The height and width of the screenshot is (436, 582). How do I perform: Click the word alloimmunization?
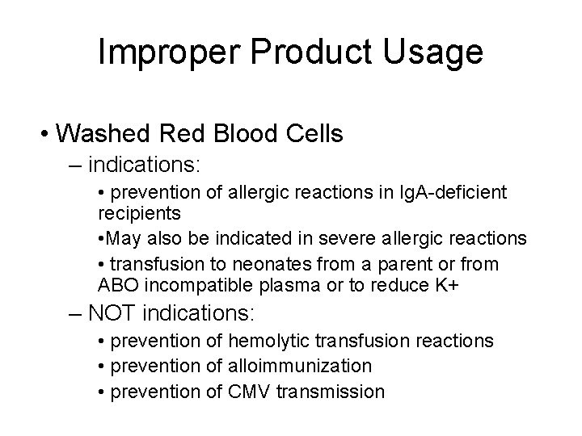302,367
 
